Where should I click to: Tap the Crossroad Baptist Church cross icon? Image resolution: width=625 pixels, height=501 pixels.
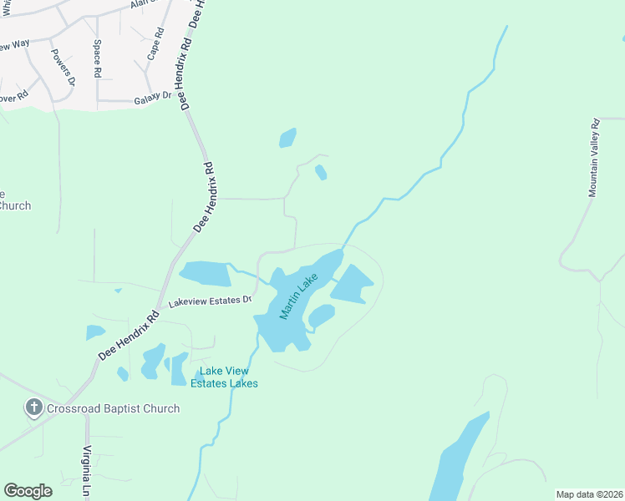(x=33, y=408)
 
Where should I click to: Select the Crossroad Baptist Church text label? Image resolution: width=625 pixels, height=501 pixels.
(x=113, y=408)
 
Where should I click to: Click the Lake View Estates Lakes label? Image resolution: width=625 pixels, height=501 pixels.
(x=224, y=377)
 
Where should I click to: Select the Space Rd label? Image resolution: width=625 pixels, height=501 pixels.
(x=97, y=58)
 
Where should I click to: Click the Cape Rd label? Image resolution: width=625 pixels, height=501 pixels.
(x=155, y=45)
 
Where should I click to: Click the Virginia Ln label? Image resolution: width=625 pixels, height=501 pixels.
(x=86, y=472)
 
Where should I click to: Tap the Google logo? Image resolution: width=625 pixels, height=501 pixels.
(x=28, y=491)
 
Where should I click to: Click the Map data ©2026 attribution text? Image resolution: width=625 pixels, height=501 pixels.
(x=588, y=494)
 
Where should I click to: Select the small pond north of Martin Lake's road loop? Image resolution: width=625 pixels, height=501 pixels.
(x=287, y=138)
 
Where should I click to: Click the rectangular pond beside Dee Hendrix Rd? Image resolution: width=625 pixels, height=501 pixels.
(x=205, y=273)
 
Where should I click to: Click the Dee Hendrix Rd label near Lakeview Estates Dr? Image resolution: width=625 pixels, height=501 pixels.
(x=130, y=336)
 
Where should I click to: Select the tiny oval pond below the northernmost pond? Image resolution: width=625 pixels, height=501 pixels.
(x=321, y=173)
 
